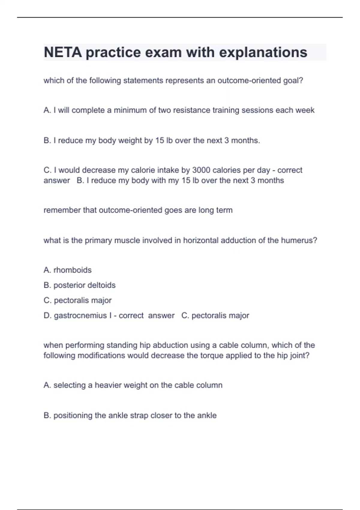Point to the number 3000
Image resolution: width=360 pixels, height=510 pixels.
[203, 170]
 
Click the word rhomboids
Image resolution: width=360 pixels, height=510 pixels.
[72, 270]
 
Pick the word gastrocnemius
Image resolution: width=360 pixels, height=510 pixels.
[80, 315]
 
